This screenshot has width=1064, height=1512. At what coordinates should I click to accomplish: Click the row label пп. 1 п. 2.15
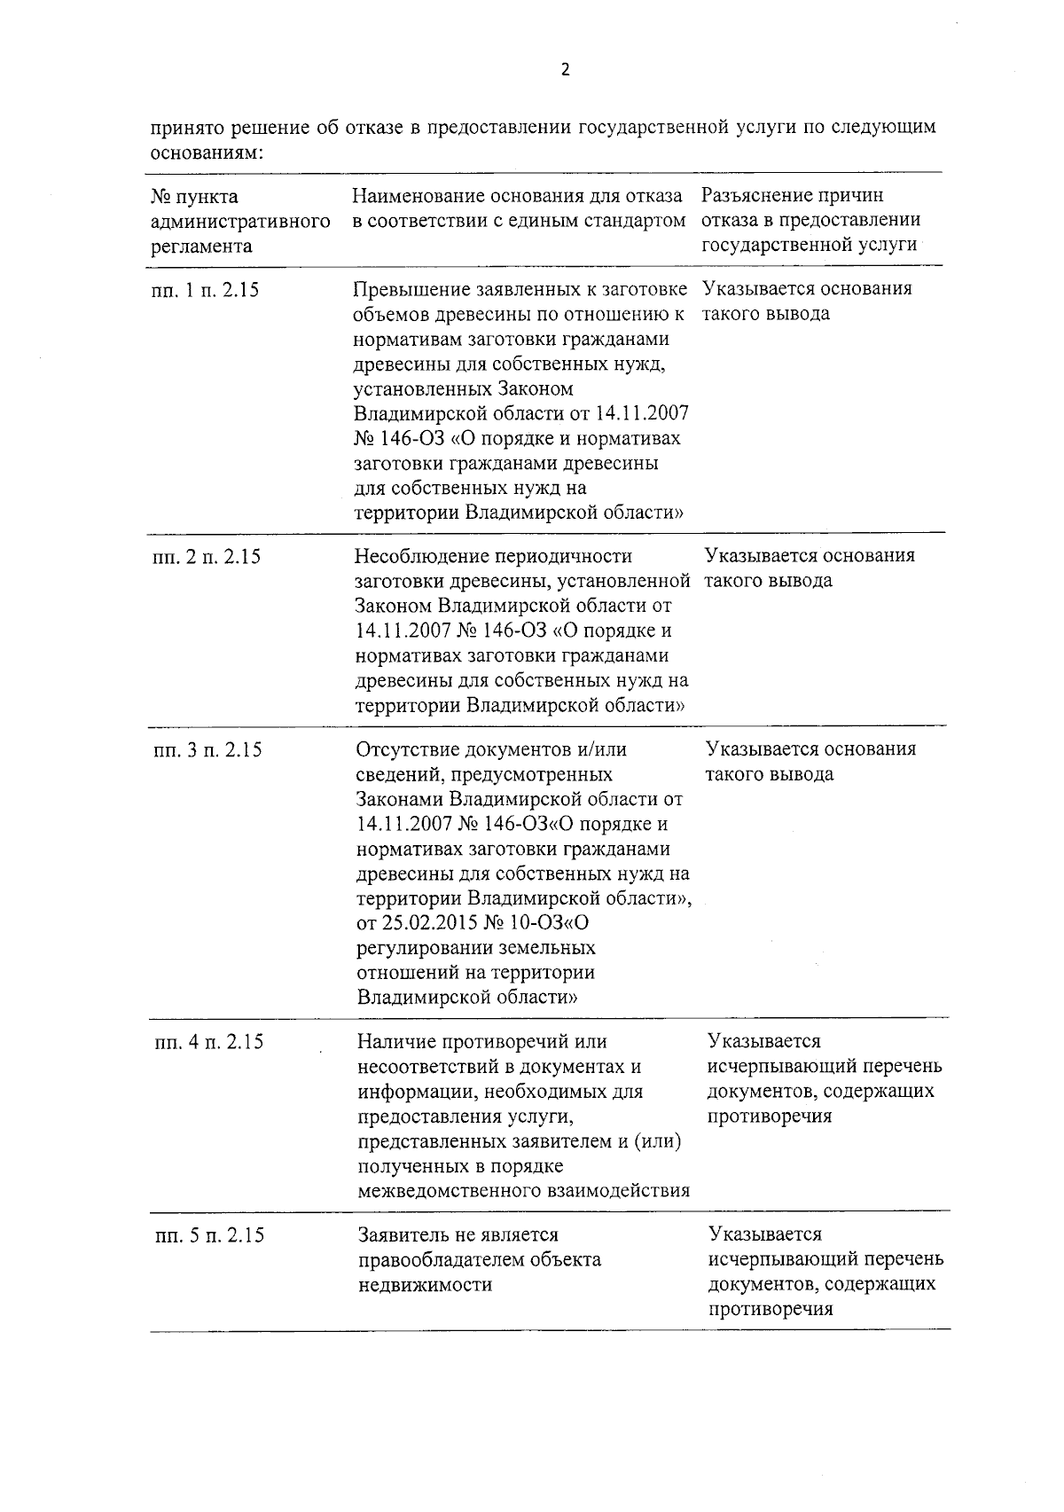coord(205,290)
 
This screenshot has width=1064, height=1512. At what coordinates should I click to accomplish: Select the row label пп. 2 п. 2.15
coord(206,558)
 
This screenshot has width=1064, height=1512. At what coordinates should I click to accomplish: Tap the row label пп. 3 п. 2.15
coord(207,750)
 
